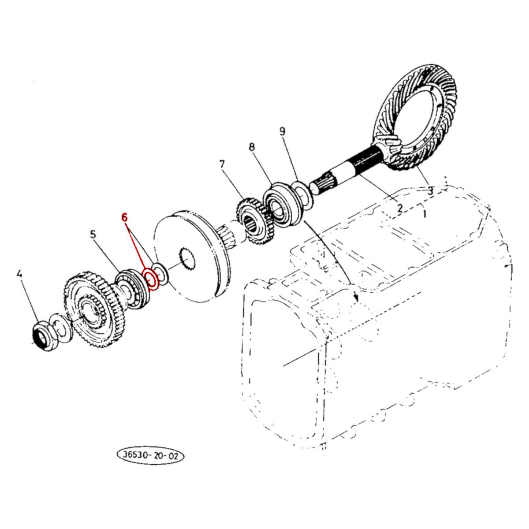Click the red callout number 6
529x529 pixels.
coord(125,217)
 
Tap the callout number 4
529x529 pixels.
coord(19,274)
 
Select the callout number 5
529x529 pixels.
coord(93,234)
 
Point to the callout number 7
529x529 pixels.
coord(222,165)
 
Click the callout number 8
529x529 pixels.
coord(252,147)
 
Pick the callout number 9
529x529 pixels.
coord(283,131)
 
